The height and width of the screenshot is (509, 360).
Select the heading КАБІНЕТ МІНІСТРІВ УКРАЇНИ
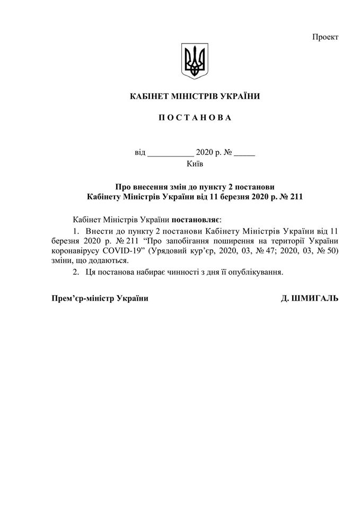[x=195, y=96]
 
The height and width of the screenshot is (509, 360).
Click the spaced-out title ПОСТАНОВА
[x=195, y=117]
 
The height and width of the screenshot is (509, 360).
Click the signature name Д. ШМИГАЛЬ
[x=309, y=299]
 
